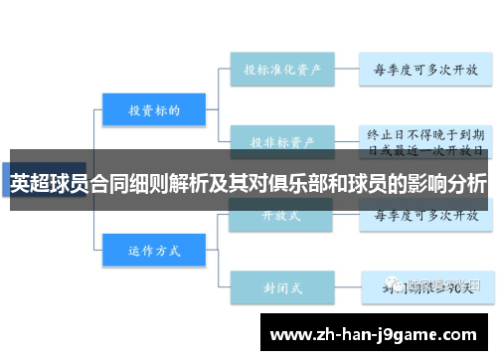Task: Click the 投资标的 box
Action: pos(153,110)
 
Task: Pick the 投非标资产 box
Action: pos(281,141)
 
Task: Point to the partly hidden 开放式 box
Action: pos(281,215)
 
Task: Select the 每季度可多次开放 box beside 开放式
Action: pos(424,215)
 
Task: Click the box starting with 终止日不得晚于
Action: pos(424,141)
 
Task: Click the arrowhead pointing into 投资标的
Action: pos(98,110)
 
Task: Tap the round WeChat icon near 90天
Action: pos(397,285)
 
